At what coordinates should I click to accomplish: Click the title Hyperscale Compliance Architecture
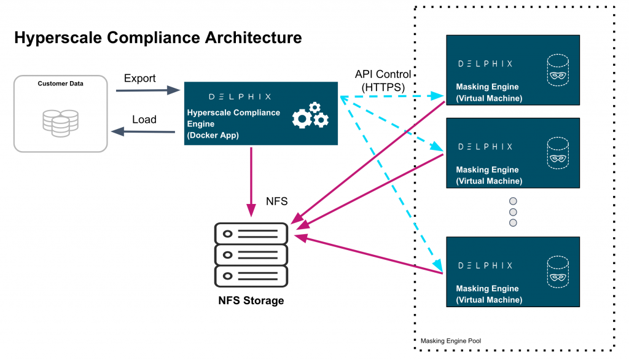click(158, 38)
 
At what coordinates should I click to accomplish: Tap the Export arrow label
click(140, 79)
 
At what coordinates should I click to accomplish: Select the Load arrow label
click(144, 119)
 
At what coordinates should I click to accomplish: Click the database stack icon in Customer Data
click(60, 122)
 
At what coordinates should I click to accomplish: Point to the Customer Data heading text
click(61, 84)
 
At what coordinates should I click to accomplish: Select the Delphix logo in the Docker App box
click(240, 96)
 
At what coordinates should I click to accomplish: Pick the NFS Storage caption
click(251, 300)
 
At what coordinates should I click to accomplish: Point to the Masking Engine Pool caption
click(451, 340)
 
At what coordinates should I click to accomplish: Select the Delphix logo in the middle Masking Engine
click(485, 146)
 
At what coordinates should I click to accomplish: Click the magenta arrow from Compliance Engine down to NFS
click(251, 178)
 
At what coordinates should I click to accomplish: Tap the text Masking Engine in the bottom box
click(487, 289)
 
